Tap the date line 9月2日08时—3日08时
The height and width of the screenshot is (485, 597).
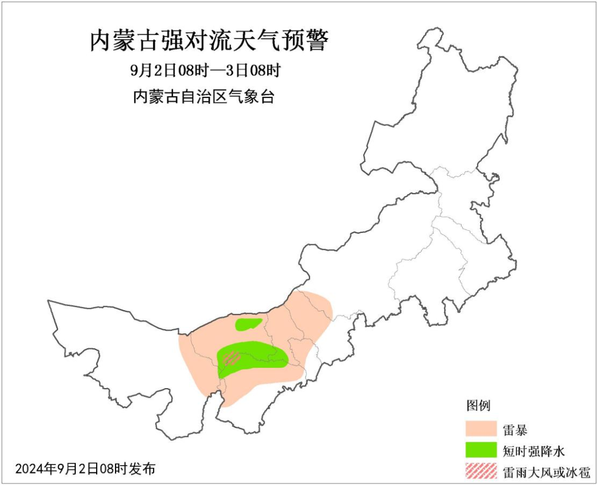click(x=206, y=71)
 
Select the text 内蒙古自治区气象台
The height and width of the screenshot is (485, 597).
click(x=203, y=97)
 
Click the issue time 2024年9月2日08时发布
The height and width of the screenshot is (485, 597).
click(x=85, y=469)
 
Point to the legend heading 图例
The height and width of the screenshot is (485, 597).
click(x=478, y=405)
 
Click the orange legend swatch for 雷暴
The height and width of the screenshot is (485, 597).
click(x=480, y=429)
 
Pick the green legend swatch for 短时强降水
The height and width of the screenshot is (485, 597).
click(x=480, y=450)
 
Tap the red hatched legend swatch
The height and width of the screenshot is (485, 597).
click(x=480, y=471)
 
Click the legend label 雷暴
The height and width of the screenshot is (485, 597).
click(x=515, y=429)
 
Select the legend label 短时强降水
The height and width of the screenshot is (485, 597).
click(x=533, y=451)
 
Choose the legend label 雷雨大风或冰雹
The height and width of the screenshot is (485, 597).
click(x=547, y=472)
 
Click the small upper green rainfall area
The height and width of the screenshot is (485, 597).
click(x=248, y=324)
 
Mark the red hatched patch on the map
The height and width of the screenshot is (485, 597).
click(x=231, y=358)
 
